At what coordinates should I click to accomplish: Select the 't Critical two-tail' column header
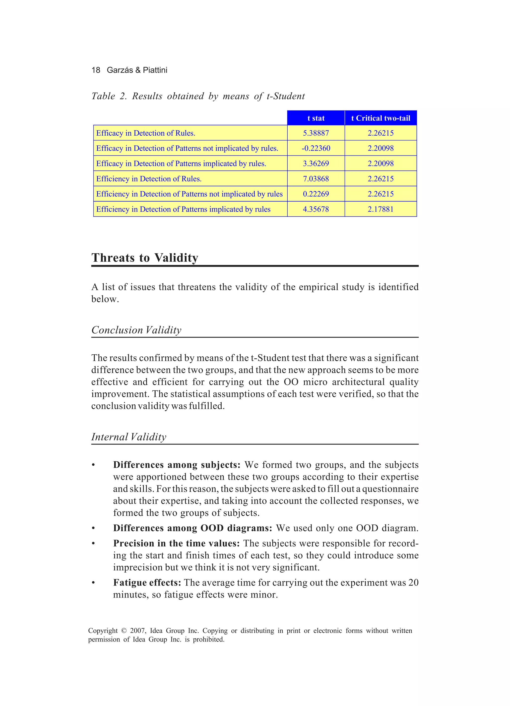click(381, 118)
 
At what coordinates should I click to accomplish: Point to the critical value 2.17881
click(381, 210)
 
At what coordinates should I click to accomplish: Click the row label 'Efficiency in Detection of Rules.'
click(149, 179)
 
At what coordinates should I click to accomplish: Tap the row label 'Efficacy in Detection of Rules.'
click(145, 133)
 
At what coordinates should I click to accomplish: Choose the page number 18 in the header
click(96, 70)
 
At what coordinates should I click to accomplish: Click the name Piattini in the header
click(155, 70)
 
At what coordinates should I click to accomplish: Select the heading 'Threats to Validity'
click(144, 258)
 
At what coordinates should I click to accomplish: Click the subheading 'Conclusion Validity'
click(136, 330)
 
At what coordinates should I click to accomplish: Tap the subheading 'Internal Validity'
click(129, 437)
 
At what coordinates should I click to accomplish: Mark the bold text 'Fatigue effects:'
click(147, 582)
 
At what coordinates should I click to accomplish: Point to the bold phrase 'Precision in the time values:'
click(176, 543)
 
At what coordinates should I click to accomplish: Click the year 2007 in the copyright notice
click(138, 631)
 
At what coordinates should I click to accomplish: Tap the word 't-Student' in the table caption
click(286, 96)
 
